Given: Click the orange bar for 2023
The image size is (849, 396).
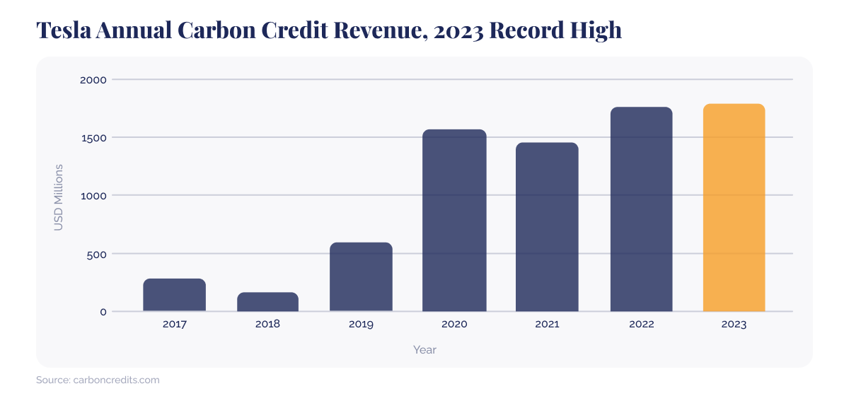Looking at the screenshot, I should tap(734, 208).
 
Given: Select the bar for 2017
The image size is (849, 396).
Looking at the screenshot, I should tap(174, 295).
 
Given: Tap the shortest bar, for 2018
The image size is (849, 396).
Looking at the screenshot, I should tap(267, 302).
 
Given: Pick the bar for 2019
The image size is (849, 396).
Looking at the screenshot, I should tap(361, 277).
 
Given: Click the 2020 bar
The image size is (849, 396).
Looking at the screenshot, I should tap(454, 221).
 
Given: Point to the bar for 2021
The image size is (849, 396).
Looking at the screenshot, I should tap(547, 227).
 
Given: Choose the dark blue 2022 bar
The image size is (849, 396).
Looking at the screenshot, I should tap(641, 209).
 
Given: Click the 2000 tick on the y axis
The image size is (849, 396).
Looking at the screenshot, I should tap(93, 80).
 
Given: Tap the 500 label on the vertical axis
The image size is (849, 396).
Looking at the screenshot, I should tap(97, 254).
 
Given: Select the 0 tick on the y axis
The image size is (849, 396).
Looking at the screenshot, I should tap(103, 312).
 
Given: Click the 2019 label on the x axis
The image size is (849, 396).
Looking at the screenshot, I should tap(361, 325).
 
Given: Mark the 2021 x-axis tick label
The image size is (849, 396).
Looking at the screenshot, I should tap(547, 325).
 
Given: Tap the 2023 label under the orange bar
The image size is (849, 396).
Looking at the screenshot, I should tap(734, 325).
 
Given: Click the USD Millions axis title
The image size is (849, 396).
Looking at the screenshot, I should tap(59, 197).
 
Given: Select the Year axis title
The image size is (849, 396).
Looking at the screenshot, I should tap(424, 349).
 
